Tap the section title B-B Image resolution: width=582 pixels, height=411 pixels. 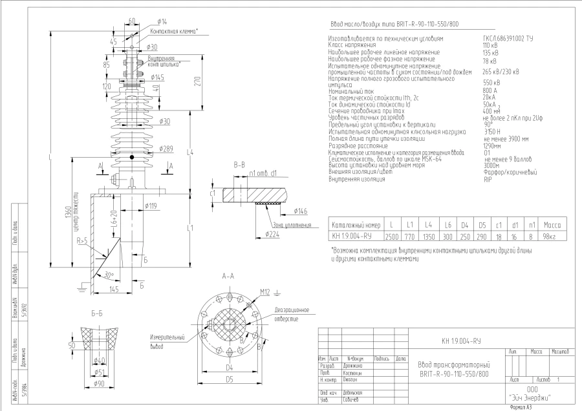coord(239,165)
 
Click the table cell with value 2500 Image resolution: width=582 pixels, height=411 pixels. coord(392,237)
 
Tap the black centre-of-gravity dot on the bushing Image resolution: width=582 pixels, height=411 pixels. coord(131,157)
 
